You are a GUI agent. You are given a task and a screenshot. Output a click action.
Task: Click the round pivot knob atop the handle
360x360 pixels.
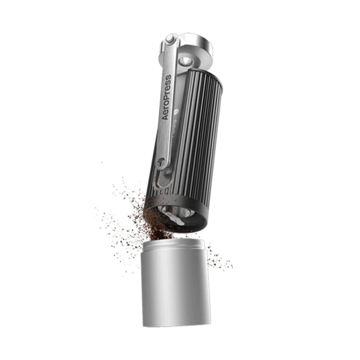point(170,40)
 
